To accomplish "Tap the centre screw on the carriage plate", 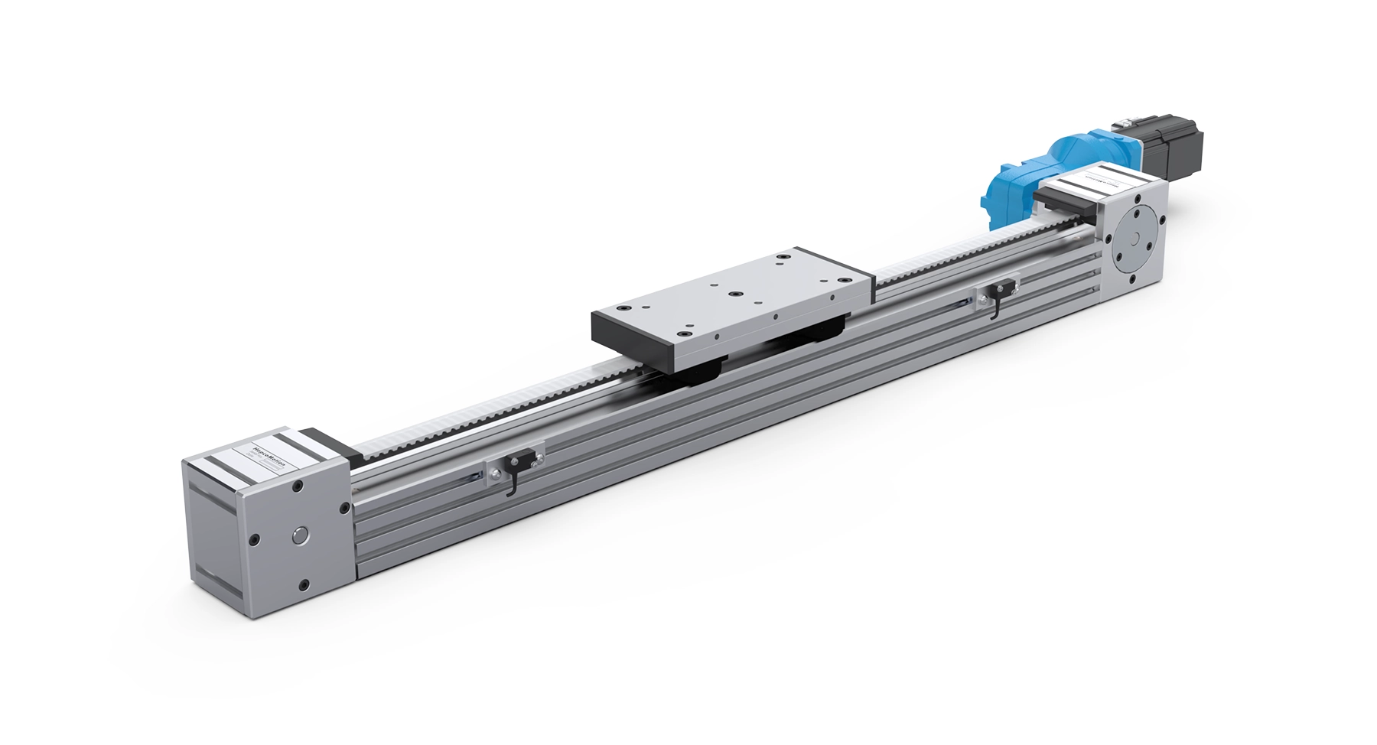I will point(734,294).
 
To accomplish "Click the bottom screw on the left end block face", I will point(304,585).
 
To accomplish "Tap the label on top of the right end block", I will point(1097,181).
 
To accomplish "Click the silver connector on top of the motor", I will point(1127,123).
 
